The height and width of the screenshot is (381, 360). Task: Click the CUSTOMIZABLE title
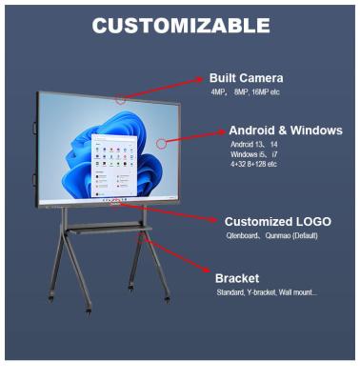coord(180,27)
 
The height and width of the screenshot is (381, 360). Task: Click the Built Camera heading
coord(247,78)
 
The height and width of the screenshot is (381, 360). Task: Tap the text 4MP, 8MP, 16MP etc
coord(246,93)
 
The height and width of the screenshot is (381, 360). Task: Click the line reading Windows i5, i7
coord(253,154)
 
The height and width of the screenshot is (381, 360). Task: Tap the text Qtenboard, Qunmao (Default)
coord(271,235)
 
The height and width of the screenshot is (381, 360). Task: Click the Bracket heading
coord(237,278)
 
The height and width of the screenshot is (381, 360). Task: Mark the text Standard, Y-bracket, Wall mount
coord(266,291)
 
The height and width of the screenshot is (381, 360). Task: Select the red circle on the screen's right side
coord(162,143)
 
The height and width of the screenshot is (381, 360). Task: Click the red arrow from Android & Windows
coord(195,135)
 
